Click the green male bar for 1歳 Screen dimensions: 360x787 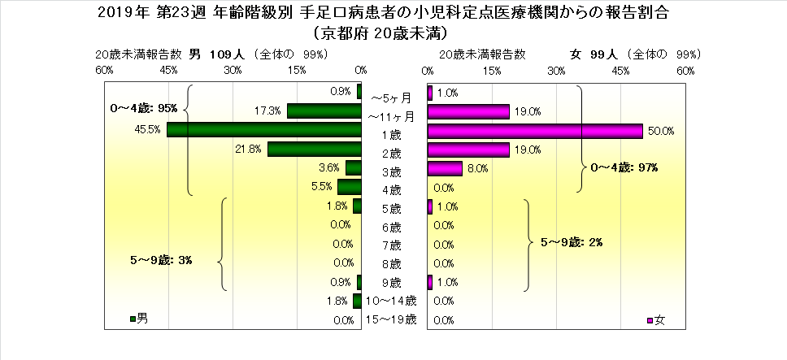264,130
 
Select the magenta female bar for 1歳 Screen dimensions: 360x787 535,131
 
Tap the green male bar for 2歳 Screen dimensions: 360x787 315,150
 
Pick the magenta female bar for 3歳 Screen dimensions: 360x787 445,168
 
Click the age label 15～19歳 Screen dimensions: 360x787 391,320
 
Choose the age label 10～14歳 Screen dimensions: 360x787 391,301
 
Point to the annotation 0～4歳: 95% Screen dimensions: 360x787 143,107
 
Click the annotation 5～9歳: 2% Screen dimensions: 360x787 569,241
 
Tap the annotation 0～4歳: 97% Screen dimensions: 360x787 624,167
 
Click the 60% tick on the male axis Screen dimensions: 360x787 104,71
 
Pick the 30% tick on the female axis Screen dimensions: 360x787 556,71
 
